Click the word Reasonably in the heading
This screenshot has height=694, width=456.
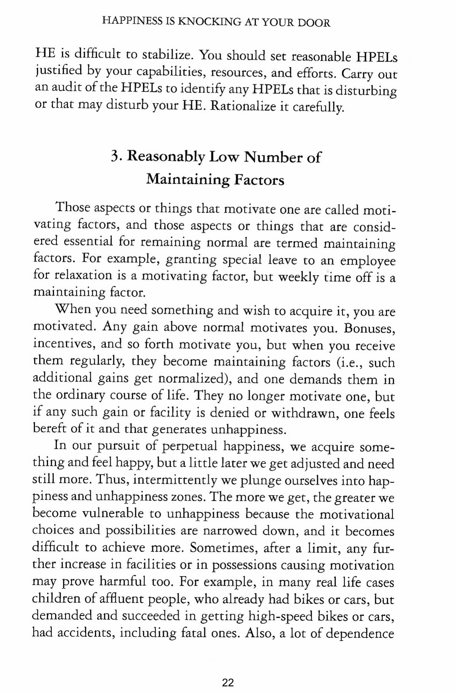pos(167,157)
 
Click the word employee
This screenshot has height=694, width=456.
pos(368,260)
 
